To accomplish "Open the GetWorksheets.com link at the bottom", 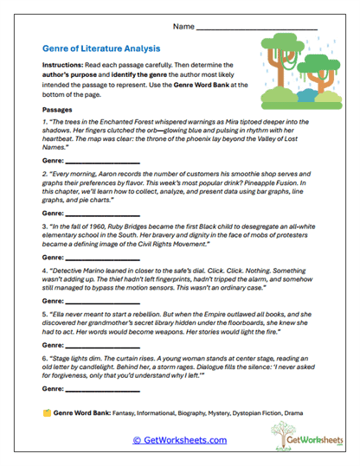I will [180, 440].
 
